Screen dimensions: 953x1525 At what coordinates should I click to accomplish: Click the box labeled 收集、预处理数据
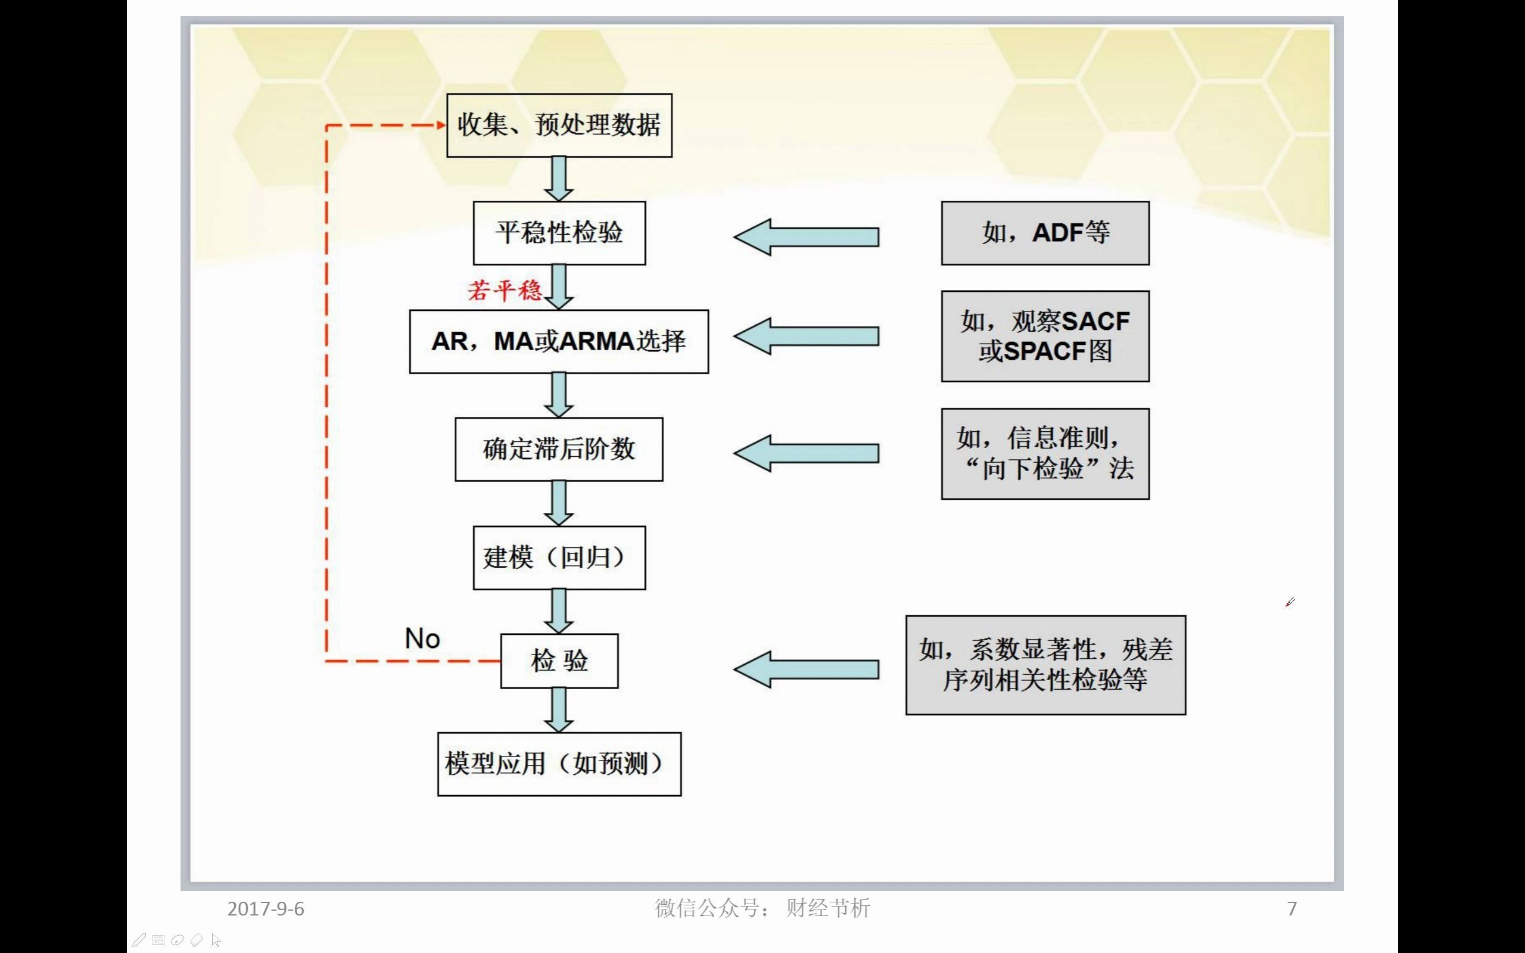(x=559, y=126)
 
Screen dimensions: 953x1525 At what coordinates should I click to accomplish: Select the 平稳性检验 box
(x=559, y=232)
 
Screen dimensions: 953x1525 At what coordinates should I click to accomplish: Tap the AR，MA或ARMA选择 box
(x=559, y=341)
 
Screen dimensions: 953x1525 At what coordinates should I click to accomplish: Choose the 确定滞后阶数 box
(x=559, y=449)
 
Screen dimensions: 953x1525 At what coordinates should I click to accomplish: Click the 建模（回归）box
(x=559, y=557)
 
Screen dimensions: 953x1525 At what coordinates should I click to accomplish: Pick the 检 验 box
(x=559, y=661)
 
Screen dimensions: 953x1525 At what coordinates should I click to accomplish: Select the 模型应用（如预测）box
(x=559, y=763)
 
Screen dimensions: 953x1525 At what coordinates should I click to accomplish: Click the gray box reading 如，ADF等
(x=1045, y=232)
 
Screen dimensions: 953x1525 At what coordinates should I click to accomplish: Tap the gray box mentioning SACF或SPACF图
(x=1045, y=336)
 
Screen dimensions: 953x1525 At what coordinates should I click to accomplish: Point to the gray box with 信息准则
(x=1045, y=453)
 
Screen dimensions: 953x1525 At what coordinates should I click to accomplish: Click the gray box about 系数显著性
(x=1045, y=664)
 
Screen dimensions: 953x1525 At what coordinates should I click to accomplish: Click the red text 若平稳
(x=504, y=291)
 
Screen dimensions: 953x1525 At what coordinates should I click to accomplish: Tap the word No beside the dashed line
(x=422, y=639)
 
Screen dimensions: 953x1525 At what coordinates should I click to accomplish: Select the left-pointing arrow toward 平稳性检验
(x=806, y=237)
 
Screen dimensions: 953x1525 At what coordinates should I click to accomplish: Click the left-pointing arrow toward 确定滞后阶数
(x=806, y=453)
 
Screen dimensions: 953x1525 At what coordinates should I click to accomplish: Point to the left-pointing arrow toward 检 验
(x=806, y=669)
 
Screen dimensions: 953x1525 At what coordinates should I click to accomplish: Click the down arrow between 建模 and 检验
(x=558, y=611)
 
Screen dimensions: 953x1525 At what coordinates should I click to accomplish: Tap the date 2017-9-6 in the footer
(x=265, y=908)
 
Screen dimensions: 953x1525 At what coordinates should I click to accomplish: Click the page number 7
(x=1292, y=908)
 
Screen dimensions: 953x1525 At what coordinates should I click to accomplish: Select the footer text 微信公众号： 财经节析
(x=762, y=908)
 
